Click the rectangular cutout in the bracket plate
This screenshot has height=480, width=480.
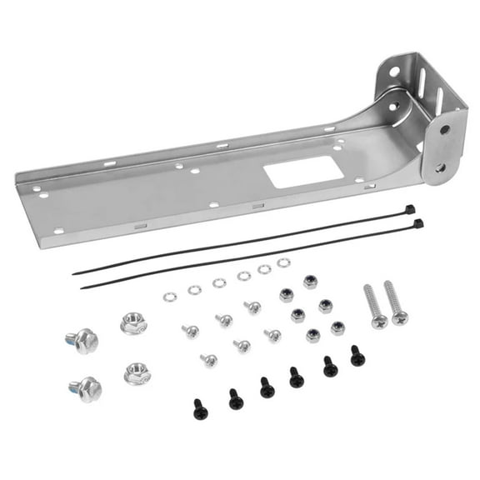tap(304, 172)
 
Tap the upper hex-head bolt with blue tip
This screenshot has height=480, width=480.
tap(82, 341)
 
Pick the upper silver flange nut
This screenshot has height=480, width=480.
tap(133, 322)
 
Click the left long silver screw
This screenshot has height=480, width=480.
tap(374, 306)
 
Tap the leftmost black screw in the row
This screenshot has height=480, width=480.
tap(200, 408)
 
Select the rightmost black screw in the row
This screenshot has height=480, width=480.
tap(357, 356)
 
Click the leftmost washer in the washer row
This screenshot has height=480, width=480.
tap(170, 297)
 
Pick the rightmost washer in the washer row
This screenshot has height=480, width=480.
tap(283, 262)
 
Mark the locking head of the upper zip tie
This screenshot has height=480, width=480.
tap(409, 208)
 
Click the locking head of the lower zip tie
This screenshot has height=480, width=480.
tap(417, 223)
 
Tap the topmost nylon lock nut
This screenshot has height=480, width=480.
tap(310, 281)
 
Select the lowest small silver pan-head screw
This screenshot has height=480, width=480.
tap(208, 361)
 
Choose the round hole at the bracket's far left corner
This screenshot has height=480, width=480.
tap(35, 189)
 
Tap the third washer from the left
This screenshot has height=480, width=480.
tap(219, 282)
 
